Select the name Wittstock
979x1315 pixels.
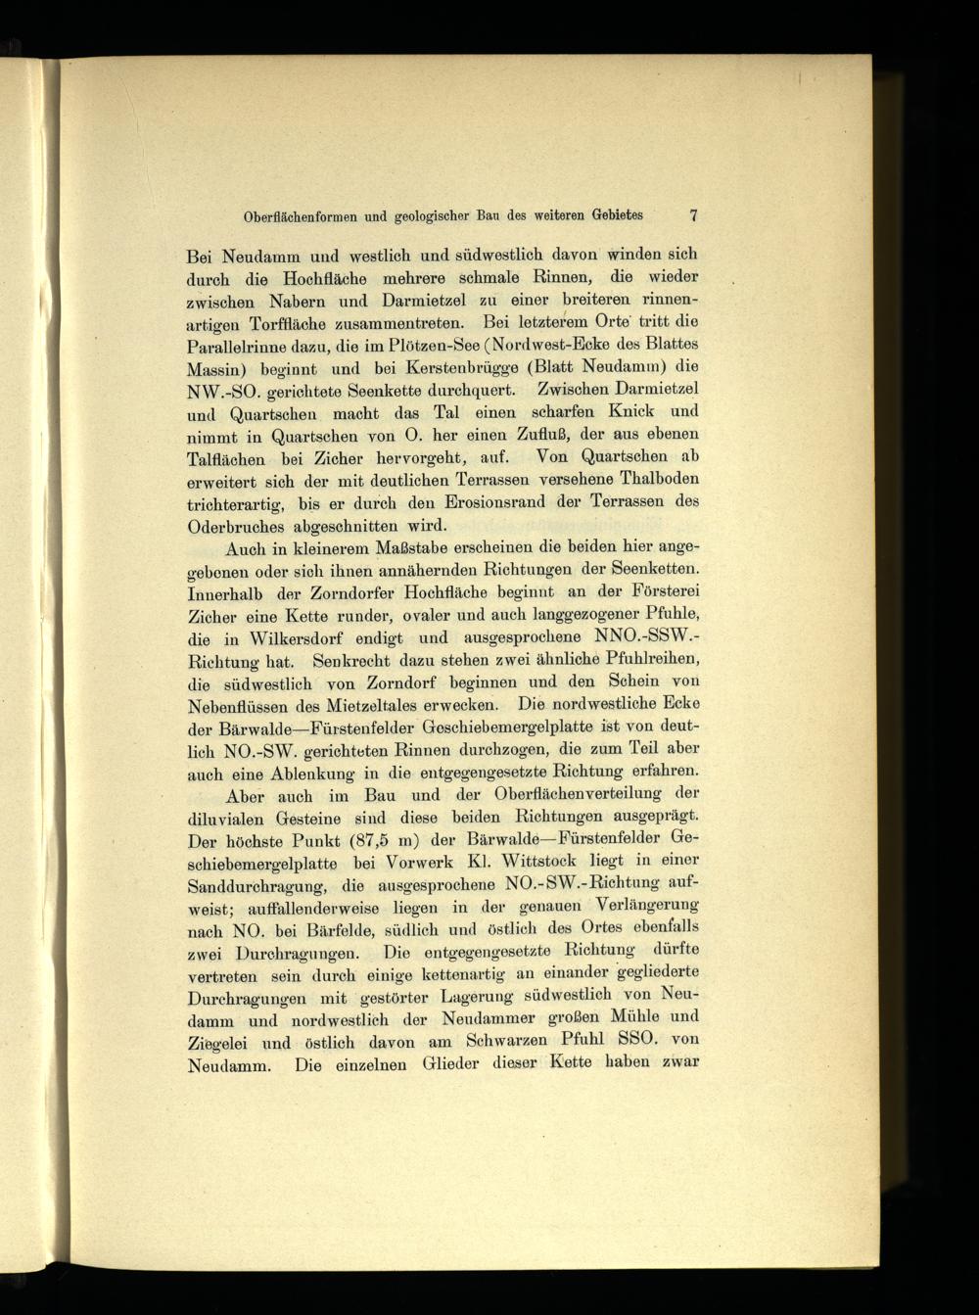coord(542,862)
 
